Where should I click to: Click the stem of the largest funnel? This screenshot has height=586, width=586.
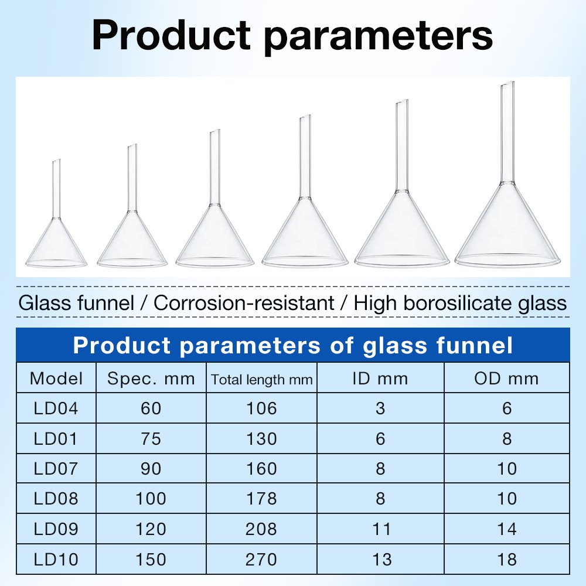click(507, 132)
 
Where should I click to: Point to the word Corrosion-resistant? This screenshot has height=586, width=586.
click(244, 303)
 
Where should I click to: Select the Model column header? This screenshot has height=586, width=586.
click(56, 379)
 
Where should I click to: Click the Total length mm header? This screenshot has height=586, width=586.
click(261, 380)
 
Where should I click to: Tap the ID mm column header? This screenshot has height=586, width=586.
click(380, 379)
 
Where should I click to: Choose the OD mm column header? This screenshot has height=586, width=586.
click(507, 379)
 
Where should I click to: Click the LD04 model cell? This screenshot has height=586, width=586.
click(56, 408)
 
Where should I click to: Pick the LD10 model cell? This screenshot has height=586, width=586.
click(56, 560)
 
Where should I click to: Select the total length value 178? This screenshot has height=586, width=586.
click(261, 499)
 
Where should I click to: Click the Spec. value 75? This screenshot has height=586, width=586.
click(151, 438)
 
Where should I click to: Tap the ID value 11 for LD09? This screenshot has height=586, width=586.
click(381, 529)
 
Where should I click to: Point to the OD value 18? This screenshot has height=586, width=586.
click(507, 560)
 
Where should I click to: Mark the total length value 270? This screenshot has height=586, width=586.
click(261, 560)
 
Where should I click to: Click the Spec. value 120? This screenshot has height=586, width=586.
click(151, 529)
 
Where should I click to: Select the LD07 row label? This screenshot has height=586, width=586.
click(56, 469)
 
